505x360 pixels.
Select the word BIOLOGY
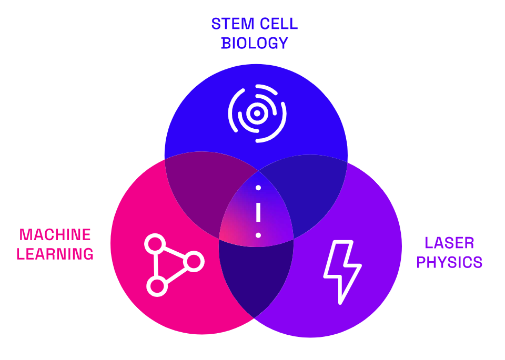point(255,43)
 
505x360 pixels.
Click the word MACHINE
point(55,234)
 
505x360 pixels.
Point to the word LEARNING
point(55,254)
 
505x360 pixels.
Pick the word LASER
point(449,243)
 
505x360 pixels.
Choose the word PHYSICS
point(449,262)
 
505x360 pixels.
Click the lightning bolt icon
point(342,272)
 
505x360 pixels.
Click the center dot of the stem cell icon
point(257,113)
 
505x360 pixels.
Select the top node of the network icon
point(155,244)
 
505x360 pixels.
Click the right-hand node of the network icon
point(194,262)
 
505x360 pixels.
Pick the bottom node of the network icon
point(157,286)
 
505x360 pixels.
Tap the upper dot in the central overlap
point(258,188)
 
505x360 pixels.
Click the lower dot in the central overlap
point(258,235)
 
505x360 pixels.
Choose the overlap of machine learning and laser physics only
point(256,276)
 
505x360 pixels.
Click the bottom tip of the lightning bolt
point(340,303)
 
